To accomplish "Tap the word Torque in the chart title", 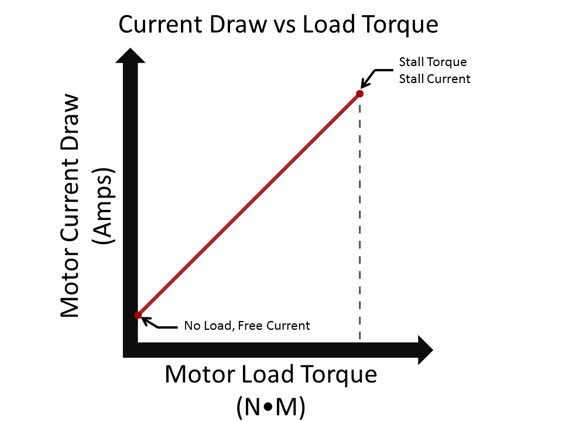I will pyautogui.click(x=402, y=25).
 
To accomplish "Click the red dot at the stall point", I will pyautogui.click(x=359, y=94).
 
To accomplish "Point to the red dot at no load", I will pyautogui.click(x=138, y=315).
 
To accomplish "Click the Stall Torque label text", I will pyautogui.click(x=433, y=62).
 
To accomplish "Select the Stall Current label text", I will pyautogui.click(x=434, y=78).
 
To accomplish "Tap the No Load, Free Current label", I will pyautogui.click(x=246, y=326).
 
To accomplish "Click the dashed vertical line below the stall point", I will pyautogui.click(x=359, y=222).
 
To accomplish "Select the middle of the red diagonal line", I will pyautogui.click(x=249, y=205).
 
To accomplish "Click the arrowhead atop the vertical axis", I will pyautogui.click(x=131, y=56).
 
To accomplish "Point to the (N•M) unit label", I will pyautogui.click(x=270, y=406).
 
